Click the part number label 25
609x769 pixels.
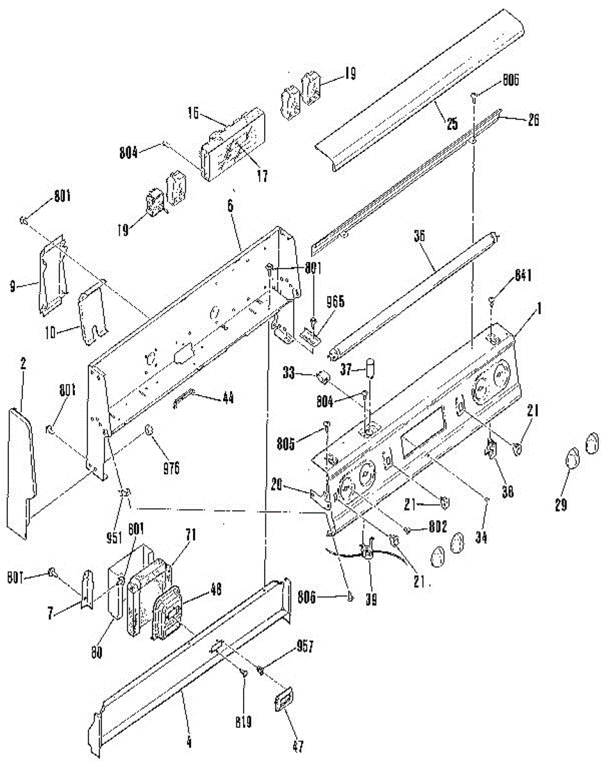click(453, 124)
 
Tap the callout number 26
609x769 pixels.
click(533, 119)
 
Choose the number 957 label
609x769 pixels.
click(305, 647)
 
